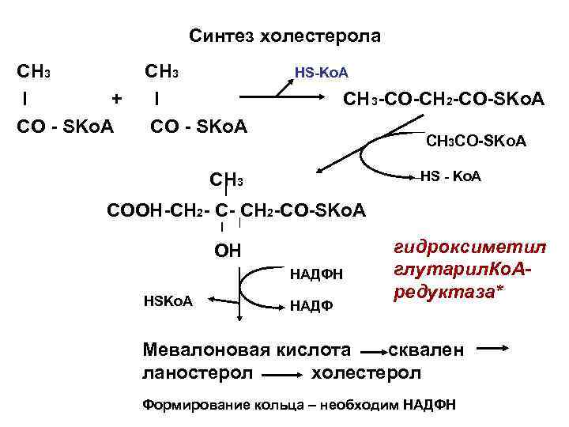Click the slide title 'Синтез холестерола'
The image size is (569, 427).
tap(284, 36)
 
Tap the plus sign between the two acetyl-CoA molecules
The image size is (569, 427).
tap(117, 99)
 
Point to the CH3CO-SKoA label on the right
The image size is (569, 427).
tap(476, 142)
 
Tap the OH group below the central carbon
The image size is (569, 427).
tap(228, 252)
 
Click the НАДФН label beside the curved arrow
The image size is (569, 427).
tap(316, 274)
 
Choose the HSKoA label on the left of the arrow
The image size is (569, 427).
tap(168, 300)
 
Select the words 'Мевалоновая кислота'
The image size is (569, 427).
tap(246, 349)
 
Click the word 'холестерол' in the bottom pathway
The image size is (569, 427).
tap(367, 372)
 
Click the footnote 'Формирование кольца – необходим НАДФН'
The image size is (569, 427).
tap(298, 405)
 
